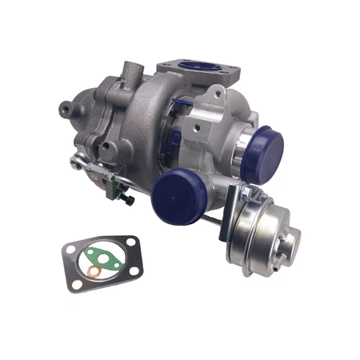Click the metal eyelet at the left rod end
point(76,163)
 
